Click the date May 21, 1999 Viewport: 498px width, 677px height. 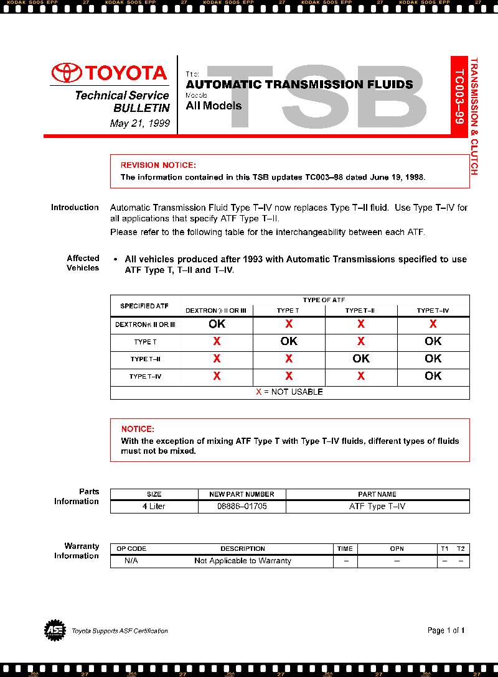(x=139, y=123)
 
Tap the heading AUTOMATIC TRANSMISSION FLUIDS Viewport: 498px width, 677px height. (x=299, y=84)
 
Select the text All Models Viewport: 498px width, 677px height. (x=214, y=106)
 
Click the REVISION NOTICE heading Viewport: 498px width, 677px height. (x=158, y=165)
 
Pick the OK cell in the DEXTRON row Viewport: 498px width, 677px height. (x=217, y=324)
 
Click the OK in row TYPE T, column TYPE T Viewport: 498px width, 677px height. (x=289, y=341)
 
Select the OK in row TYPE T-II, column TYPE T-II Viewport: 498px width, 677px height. (x=361, y=359)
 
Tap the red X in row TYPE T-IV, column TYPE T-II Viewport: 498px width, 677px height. (x=361, y=376)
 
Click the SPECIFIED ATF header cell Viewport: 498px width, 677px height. (x=144, y=306)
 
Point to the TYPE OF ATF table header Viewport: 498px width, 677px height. (x=324, y=300)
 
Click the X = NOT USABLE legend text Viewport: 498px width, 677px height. (x=289, y=392)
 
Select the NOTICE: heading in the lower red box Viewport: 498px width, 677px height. (x=138, y=429)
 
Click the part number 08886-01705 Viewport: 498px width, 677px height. (x=242, y=507)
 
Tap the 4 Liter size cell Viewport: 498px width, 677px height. (x=154, y=507)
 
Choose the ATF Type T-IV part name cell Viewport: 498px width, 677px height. (x=377, y=507)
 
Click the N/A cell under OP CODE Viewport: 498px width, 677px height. (x=131, y=561)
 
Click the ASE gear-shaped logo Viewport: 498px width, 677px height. (x=55, y=630)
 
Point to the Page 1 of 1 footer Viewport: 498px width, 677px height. (x=446, y=630)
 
